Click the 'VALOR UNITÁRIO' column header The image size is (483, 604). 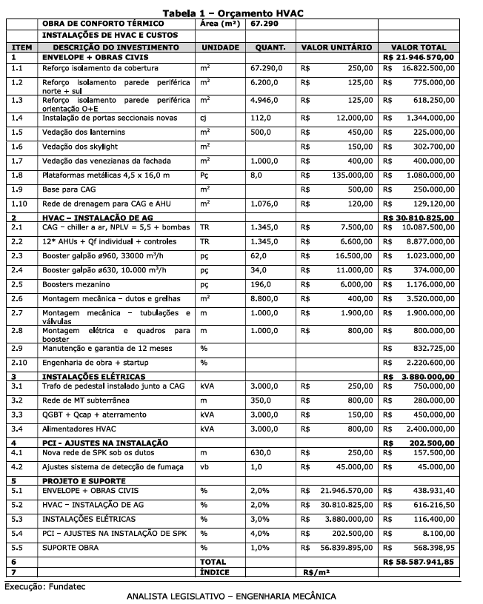coord(336,47)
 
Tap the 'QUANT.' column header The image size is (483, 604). coord(270,47)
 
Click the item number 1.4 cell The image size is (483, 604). coord(17,118)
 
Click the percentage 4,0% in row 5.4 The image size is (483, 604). coord(260,532)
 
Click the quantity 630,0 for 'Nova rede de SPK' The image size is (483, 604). coord(262,452)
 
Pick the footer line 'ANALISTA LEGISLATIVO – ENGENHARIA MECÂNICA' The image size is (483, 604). coord(231,596)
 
